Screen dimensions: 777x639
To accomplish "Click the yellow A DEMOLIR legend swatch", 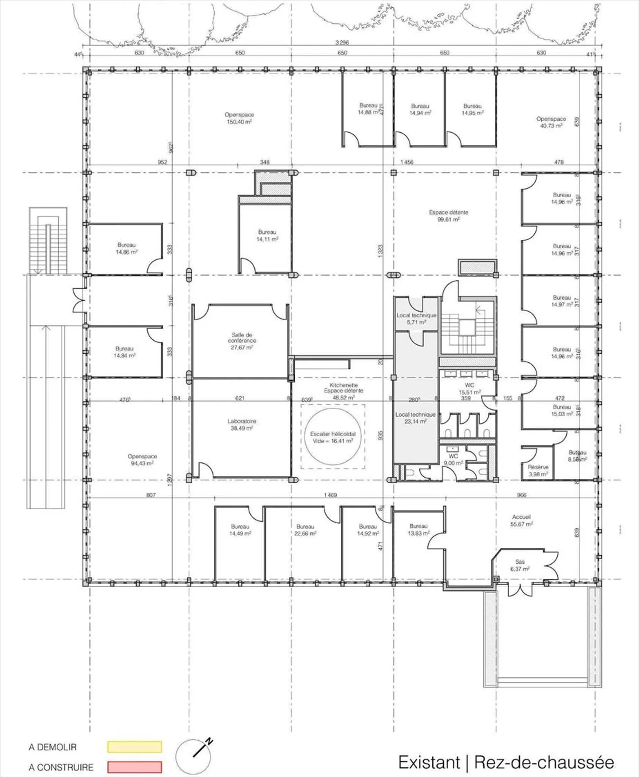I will (x=134, y=746).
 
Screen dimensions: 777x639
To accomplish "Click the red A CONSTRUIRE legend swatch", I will (x=134, y=767).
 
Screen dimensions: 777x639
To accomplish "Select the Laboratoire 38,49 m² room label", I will (x=242, y=425).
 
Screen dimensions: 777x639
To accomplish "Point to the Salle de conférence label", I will (x=242, y=341).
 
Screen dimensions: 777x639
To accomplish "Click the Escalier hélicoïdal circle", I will (x=333, y=436).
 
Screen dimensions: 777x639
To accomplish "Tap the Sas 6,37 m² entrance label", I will (x=520, y=565).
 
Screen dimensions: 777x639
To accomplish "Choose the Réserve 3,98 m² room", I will (x=538, y=470).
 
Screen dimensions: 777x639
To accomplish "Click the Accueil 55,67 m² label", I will (x=521, y=520).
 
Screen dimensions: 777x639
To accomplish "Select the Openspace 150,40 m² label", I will (x=239, y=118).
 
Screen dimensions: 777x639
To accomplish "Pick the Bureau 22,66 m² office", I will (x=305, y=530).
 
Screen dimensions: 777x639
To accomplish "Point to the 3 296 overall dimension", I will (x=342, y=43).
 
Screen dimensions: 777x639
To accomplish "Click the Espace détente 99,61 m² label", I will (x=448, y=216).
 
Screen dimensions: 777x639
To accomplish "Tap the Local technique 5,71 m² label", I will (x=416, y=319).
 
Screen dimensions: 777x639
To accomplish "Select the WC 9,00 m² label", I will (x=453, y=459).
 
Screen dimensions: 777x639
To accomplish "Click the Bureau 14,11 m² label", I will (x=267, y=235).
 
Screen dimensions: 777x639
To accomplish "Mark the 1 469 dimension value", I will (x=330, y=495).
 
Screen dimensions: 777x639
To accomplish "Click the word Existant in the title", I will (x=429, y=762).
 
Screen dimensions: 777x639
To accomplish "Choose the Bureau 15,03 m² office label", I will (x=562, y=410).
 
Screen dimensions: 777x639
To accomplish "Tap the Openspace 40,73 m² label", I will (x=551, y=122).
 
